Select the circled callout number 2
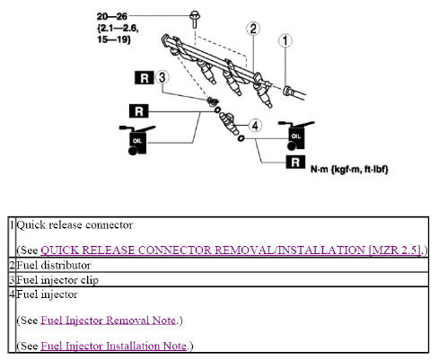point(254,29)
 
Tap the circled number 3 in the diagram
point(163,78)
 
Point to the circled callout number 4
point(255,127)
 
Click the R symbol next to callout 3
point(143,78)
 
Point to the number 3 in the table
point(12,279)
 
